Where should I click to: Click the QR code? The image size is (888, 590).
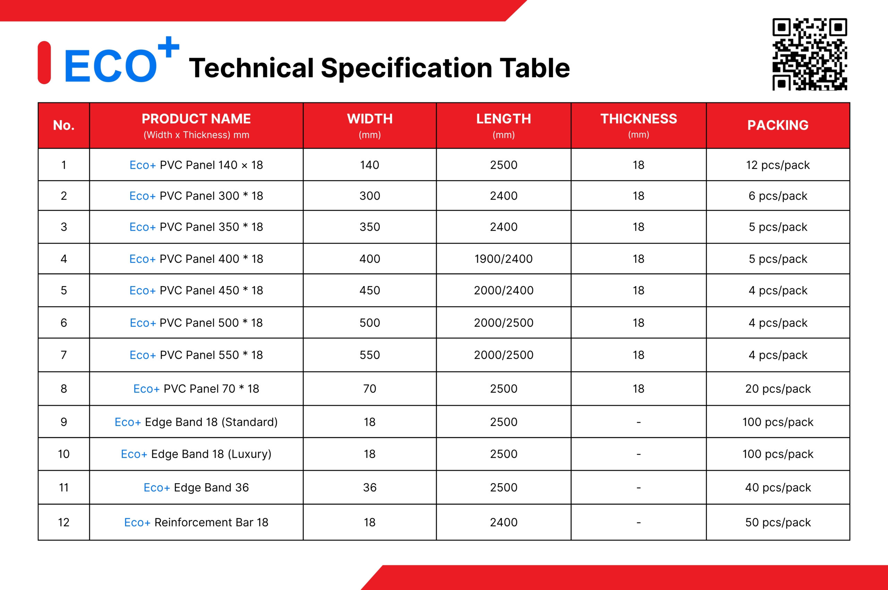pyautogui.click(x=810, y=54)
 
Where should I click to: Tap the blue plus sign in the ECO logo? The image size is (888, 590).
pyautogui.click(x=168, y=48)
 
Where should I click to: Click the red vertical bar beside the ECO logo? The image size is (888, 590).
pyautogui.click(x=44, y=62)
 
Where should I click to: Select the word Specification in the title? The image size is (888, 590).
pyautogui.click(x=407, y=68)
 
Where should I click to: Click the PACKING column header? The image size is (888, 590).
pyautogui.click(x=778, y=125)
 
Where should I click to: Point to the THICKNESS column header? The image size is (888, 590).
pyautogui.click(x=639, y=125)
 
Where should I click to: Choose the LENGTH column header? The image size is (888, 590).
pyautogui.click(x=503, y=125)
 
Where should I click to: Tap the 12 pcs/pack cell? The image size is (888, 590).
pyautogui.click(x=778, y=165)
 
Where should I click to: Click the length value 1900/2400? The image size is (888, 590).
pyautogui.click(x=503, y=259)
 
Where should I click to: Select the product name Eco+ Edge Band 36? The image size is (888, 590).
pyautogui.click(x=196, y=487)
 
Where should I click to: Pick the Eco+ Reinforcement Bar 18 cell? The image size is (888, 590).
pyautogui.click(x=196, y=522)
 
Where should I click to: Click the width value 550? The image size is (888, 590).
pyautogui.click(x=369, y=355)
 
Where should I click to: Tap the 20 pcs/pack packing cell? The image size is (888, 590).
pyautogui.click(x=778, y=389)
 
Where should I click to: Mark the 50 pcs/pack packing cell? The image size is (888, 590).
pyautogui.click(x=778, y=522)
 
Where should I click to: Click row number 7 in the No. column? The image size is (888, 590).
pyautogui.click(x=63, y=355)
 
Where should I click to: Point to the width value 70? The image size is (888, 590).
pyautogui.click(x=369, y=389)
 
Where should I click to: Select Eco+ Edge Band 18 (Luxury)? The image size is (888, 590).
pyautogui.click(x=196, y=454)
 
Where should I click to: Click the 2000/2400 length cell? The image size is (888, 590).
pyautogui.click(x=503, y=290)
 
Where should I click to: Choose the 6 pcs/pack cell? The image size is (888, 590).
pyautogui.click(x=778, y=196)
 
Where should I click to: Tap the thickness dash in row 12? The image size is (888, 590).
pyautogui.click(x=639, y=523)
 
